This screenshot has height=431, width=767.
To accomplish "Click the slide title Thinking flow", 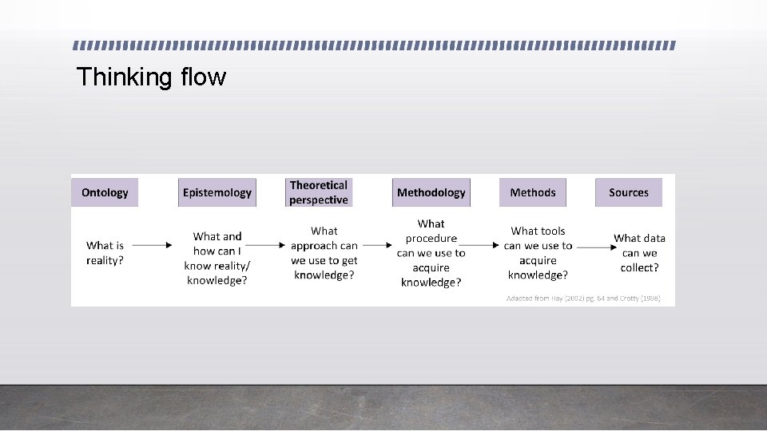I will [x=151, y=77].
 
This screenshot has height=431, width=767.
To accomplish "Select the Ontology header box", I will [x=105, y=192].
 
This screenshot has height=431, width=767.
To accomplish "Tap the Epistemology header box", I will [x=217, y=192].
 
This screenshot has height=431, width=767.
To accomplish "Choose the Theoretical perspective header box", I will [x=319, y=192].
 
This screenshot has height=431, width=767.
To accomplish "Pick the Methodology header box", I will [x=431, y=192].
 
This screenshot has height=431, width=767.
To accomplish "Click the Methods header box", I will [x=533, y=192].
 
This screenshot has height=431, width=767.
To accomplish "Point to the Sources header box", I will [x=629, y=192].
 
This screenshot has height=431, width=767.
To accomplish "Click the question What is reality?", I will [x=105, y=253].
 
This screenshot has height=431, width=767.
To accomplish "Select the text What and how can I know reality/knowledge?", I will [x=217, y=258].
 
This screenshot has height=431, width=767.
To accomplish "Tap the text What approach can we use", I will [x=324, y=253].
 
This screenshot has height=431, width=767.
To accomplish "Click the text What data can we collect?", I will [x=639, y=253].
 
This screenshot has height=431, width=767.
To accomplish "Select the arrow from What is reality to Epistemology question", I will [x=151, y=245].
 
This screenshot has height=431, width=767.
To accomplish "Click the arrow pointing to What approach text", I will [x=266, y=245].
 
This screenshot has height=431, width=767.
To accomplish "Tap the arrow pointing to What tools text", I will [x=480, y=245].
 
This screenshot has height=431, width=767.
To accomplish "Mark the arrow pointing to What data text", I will [x=594, y=247].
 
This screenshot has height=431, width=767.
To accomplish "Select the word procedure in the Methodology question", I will [x=431, y=238].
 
